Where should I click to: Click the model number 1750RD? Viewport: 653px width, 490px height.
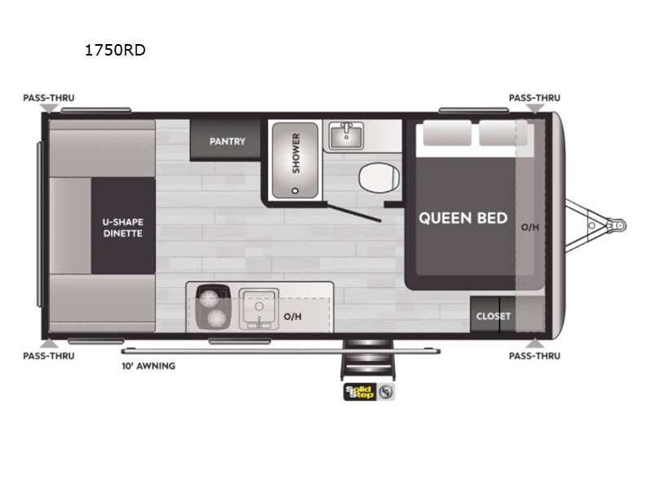pyautogui.click(x=115, y=51)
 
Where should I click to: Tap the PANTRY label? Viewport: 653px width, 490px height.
pyautogui.click(x=227, y=141)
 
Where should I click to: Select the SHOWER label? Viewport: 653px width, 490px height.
pyautogui.click(x=295, y=153)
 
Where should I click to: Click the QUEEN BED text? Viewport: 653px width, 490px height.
pyautogui.click(x=463, y=218)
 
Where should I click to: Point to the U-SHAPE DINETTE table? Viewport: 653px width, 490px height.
pyautogui.click(x=122, y=226)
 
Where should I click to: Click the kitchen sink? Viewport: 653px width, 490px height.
pyautogui.click(x=259, y=308)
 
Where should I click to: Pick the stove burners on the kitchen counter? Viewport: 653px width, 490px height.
pyautogui.click(x=214, y=307)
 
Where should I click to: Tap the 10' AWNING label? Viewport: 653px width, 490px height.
pyautogui.click(x=148, y=366)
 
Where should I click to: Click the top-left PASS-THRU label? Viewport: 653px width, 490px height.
pyautogui.click(x=48, y=98)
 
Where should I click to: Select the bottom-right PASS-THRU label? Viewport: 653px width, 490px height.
pyautogui.click(x=535, y=355)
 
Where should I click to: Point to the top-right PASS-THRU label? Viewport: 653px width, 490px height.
pyautogui.click(x=535, y=98)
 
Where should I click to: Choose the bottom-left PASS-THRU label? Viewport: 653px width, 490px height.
pyautogui.click(x=48, y=355)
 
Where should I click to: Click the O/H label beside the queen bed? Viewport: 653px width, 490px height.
pyautogui.click(x=530, y=226)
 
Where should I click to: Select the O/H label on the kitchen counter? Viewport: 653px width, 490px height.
pyautogui.click(x=292, y=314)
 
